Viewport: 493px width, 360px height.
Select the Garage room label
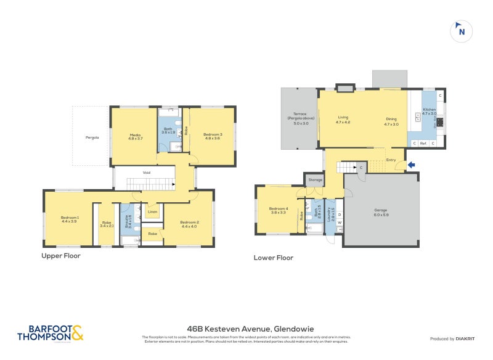click(x=380, y=211)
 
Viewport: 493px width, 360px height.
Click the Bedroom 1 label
click(x=70, y=219)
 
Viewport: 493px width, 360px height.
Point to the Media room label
click(x=135, y=136)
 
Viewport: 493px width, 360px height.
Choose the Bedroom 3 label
click(x=213, y=136)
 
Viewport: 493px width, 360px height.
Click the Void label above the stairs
click(x=147, y=172)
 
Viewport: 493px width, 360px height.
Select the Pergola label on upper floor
click(x=91, y=137)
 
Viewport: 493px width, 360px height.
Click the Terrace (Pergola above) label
click(x=300, y=118)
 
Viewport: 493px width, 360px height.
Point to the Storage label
click(x=316, y=180)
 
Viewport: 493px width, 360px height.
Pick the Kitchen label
click(x=429, y=112)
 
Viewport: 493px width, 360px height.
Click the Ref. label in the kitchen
click(x=423, y=144)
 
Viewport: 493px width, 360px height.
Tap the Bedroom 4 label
click(x=278, y=210)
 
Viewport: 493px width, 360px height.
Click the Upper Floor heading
click(x=61, y=255)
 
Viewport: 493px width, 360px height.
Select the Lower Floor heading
click(x=274, y=258)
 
